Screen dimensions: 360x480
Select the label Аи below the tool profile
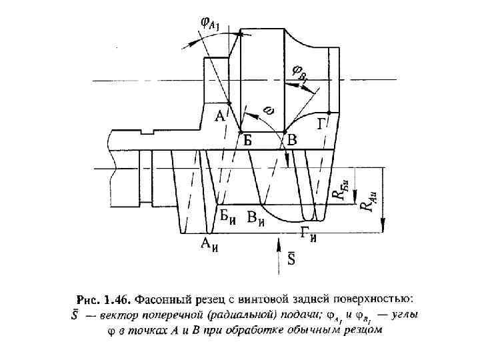[211, 244]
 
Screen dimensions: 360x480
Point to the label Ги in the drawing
[308, 233]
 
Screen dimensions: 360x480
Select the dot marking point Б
[241, 132]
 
